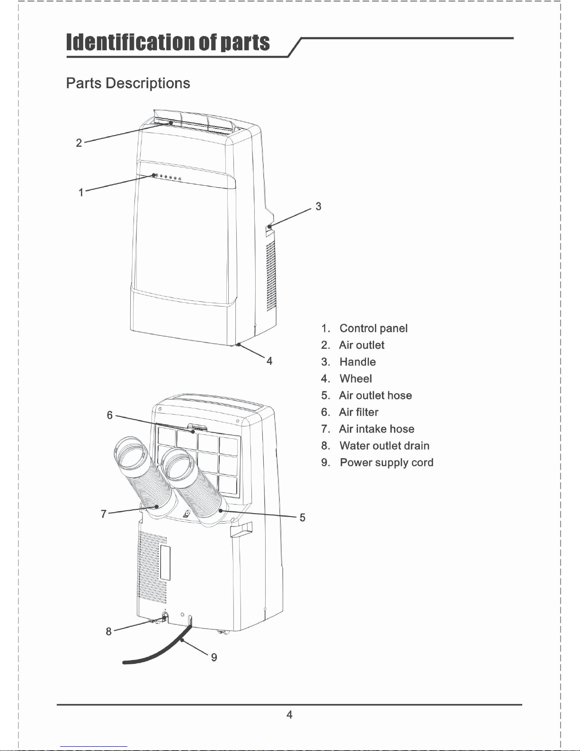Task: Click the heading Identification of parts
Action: pos(168,43)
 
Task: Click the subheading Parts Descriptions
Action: pos(128,83)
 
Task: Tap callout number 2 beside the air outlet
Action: pos(79,143)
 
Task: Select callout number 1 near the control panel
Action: pos(81,192)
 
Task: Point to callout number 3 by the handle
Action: pos(318,206)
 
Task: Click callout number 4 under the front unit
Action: pos(269,361)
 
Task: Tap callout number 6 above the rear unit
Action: pos(110,415)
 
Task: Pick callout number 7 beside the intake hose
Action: pos(104,514)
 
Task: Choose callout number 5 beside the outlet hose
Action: pos(303,517)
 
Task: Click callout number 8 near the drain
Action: pos(109,632)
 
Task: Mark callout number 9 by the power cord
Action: pos(214,657)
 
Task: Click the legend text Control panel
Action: pos(374,328)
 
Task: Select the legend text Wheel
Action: pos(356,379)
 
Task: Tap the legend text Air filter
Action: pos(359,412)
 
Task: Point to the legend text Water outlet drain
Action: pos(384,446)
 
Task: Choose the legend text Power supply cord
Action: pos(387,463)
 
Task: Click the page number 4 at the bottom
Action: pos(289,715)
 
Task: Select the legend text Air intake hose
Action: pos(377,429)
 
